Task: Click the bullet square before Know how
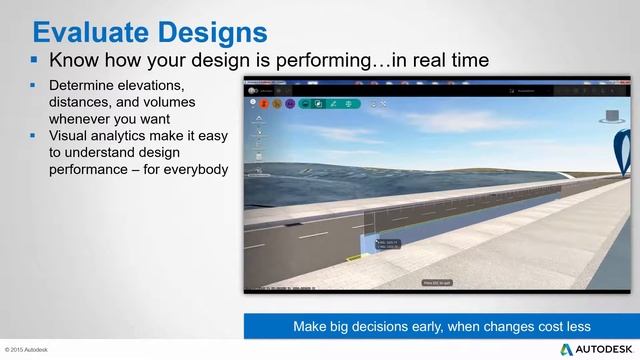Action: [x=35, y=60]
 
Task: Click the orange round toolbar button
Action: [x=264, y=103]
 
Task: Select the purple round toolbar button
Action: [x=290, y=103]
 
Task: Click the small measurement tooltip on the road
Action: [x=386, y=243]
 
